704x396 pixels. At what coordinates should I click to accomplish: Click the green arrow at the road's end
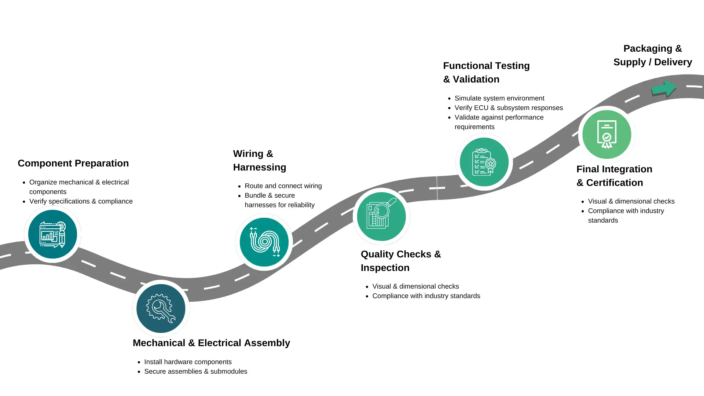pos(664,88)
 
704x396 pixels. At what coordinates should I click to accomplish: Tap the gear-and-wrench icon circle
pos(161,308)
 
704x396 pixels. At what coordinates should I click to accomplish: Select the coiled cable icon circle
pos(264,242)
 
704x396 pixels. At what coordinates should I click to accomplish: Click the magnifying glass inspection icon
pos(381,216)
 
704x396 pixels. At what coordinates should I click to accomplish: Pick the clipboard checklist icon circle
pos(484,162)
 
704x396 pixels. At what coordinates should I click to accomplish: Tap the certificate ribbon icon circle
pos(606,135)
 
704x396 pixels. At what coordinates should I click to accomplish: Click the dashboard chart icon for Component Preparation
pos(52,234)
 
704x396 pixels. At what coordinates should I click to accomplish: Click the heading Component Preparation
pos(73,163)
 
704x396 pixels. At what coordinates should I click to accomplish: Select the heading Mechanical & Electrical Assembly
pos(211,343)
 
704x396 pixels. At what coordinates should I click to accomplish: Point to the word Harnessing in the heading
pos(260,167)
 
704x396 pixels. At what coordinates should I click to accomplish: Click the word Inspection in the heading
pos(385,268)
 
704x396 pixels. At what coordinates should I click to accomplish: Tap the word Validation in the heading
pos(476,79)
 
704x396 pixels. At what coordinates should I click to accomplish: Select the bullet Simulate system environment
pos(499,98)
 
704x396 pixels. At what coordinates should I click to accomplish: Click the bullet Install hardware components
pos(188,362)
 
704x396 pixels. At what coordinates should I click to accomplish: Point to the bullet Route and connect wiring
pos(283,186)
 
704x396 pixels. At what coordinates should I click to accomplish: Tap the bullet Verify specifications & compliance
pos(81,201)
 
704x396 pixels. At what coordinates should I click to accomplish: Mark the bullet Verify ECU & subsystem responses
pos(508,108)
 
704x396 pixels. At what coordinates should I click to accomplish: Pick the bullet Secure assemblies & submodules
pos(195,371)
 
